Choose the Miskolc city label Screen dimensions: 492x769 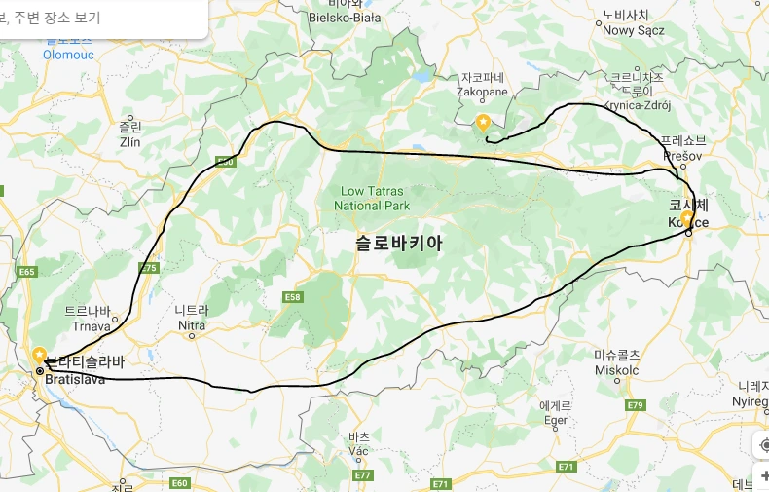pos(617,370)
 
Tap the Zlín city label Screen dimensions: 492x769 pos(129,141)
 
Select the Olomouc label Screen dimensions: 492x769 pos(68,55)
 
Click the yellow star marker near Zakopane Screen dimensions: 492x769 pos(483,122)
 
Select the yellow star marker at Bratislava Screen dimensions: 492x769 pos(39,354)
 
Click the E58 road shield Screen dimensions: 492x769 pos(293,296)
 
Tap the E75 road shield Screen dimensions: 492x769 pos(149,268)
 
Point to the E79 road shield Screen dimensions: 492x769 pos(636,404)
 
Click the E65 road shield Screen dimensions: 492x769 pos(26,272)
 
